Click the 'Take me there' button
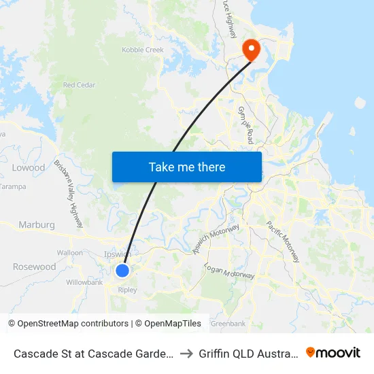[187, 167]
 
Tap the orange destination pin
[251, 49]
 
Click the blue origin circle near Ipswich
[122, 271]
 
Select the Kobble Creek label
[143, 50]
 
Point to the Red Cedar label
[79, 85]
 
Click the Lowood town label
[29, 167]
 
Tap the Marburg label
[37, 224]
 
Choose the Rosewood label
[34, 267]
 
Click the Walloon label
[70, 252]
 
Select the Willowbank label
[84, 282]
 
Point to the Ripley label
[127, 290]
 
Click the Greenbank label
[228, 324]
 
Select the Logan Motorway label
[229, 270]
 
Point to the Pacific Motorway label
[282, 241]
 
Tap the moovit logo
[333, 353]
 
